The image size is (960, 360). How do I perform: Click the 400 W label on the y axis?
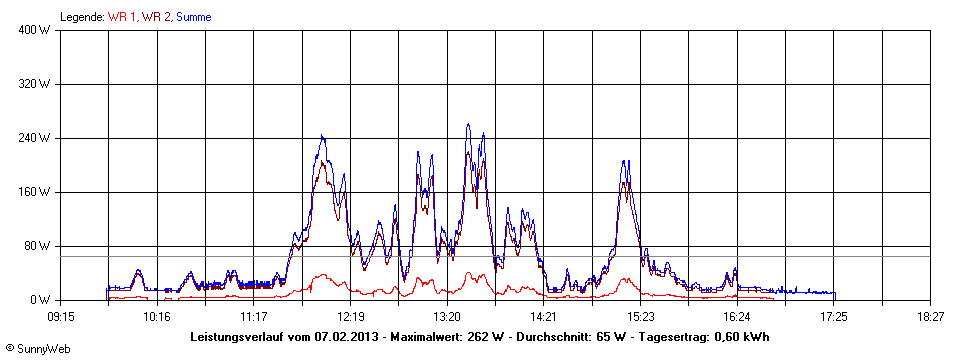(x=35, y=30)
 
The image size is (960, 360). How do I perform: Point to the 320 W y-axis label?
(x=35, y=84)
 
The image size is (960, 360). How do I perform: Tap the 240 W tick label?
(x=35, y=138)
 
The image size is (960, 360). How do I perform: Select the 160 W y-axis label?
(x=35, y=192)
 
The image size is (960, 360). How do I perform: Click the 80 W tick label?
(x=38, y=246)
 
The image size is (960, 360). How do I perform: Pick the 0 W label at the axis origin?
(x=41, y=300)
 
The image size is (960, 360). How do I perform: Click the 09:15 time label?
(x=60, y=316)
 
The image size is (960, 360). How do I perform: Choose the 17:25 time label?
(x=834, y=316)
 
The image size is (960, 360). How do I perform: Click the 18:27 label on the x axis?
(x=930, y=316)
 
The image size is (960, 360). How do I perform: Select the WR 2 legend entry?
(x=155, y=17)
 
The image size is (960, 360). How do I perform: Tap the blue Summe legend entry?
(x=193, y=17)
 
